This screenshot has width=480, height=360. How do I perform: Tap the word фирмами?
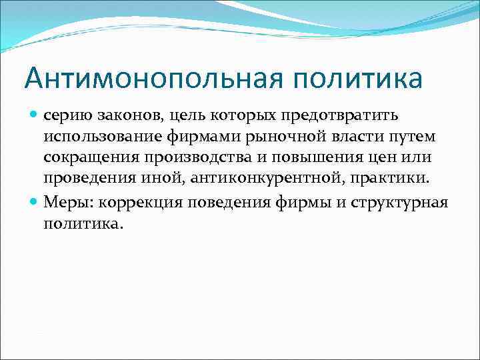pos(195,137)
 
